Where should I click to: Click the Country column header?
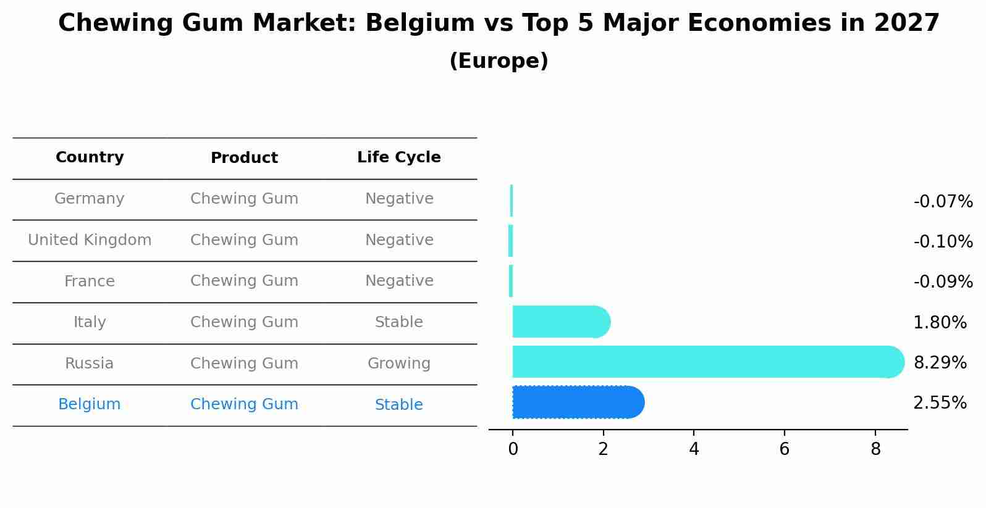[x=90, y=157]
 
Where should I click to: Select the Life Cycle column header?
[x=398, y=157]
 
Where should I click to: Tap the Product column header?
[x=244, y=158]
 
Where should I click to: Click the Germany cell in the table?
[x=90, y=199]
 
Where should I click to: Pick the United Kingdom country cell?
[x=90, y=240]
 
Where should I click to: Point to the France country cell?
[x=90, y=281]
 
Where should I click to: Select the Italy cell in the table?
[x=90, y=322]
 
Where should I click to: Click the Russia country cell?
[x=90, y=364]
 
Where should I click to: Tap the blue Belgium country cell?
[x=90, y=404]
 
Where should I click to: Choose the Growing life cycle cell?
[x=398, y=364]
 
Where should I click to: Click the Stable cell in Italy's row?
[x=398, y=322]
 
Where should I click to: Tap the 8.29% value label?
[x=940, y=362]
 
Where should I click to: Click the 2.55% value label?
[x=940, y=403]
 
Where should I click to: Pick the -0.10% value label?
[x=943, y=241]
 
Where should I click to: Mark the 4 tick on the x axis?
[x=694, y=449]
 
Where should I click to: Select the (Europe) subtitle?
[x=499, y=61]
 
